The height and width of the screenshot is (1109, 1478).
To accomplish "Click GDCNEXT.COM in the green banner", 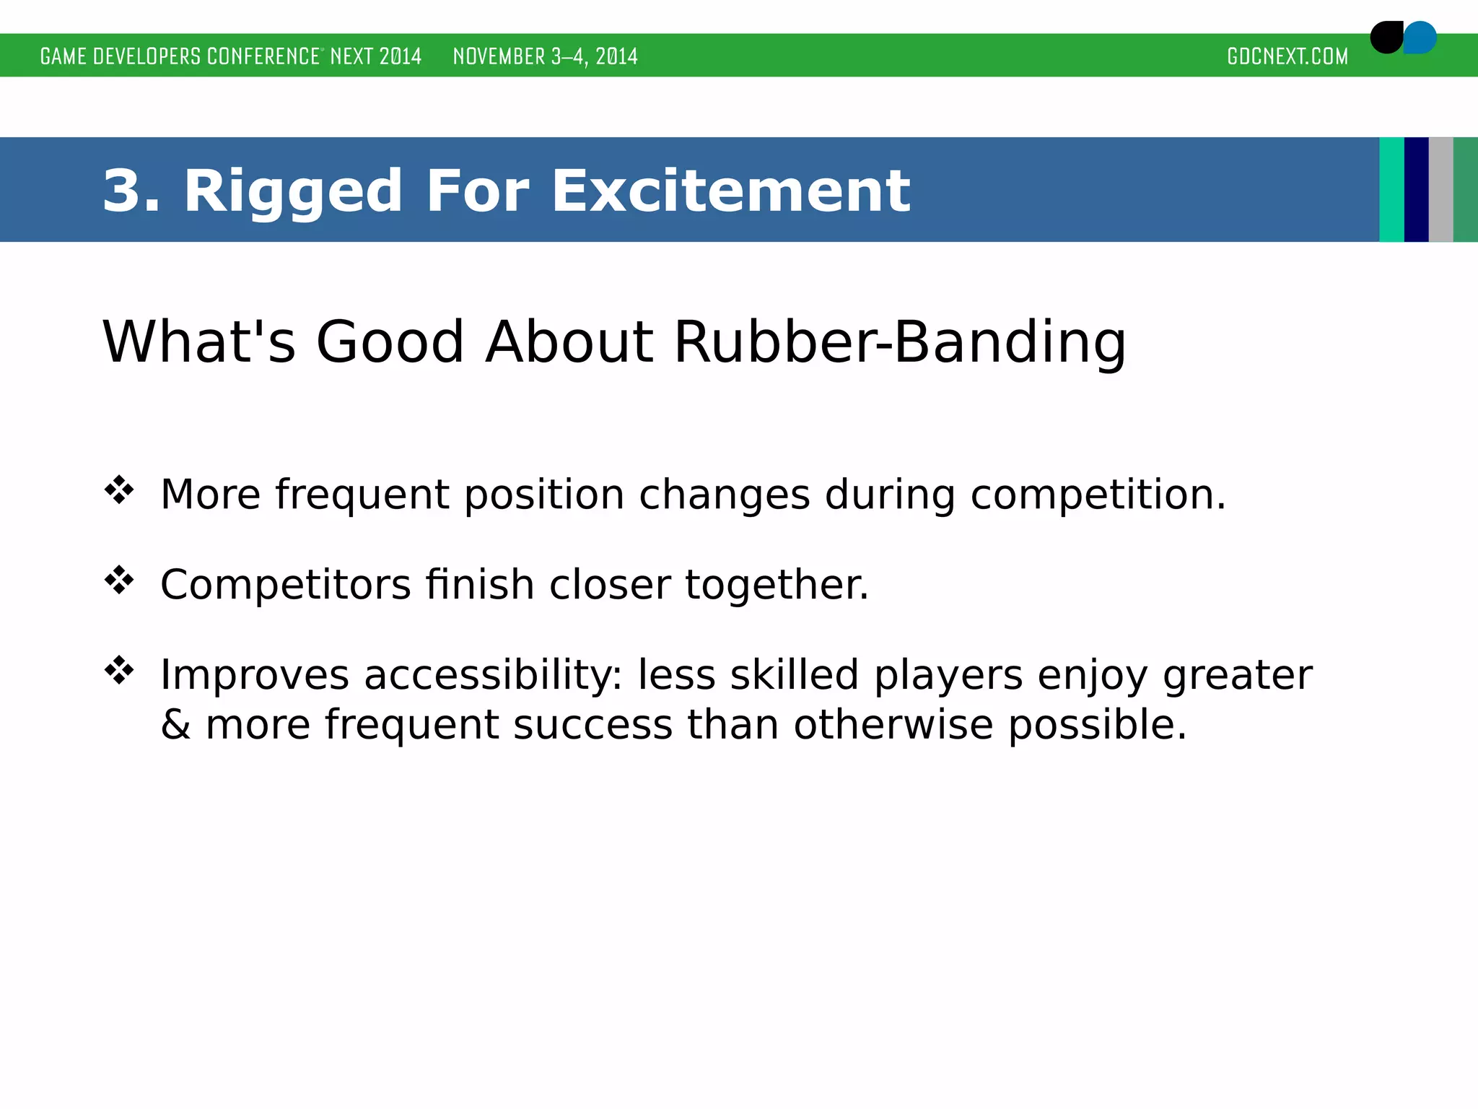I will [x=1287, y=56].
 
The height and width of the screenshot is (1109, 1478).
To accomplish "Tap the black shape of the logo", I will [x=1385, y=38].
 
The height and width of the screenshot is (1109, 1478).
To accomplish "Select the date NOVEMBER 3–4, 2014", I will [x=545, y=56].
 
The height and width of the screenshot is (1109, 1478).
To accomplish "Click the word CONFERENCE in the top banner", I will [x=263, y=56].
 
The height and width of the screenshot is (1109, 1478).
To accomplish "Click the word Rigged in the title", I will [x=292, y=192].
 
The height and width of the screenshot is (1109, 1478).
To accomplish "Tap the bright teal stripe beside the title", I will [x=1391, y=189].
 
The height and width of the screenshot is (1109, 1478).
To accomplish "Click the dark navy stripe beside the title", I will [x=1416, y=189].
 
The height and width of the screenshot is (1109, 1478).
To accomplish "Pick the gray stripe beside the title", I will [x=1440, y=189].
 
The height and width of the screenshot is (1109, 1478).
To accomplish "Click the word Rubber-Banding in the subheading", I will [x=899, y=342].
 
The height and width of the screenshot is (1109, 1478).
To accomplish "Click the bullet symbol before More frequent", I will [x=119, y=491].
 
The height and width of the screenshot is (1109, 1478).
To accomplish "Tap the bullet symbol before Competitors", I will [x=119, y=580].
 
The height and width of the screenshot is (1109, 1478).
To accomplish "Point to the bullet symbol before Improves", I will [x=119, y=671].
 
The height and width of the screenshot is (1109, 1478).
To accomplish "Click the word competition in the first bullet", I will [x=1097, y=496].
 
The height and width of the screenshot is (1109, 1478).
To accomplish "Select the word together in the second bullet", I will [x=777, y=585].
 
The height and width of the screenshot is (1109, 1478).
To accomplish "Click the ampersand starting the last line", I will [x=175, y=724].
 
